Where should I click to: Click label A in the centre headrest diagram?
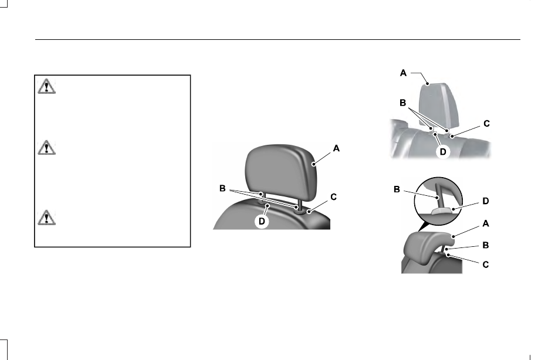pos(336,148)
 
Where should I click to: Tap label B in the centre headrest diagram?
pos(222,188)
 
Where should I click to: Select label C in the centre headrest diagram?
pos(333,197)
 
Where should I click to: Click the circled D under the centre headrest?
pos(262,222)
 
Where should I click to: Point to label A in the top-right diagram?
pos(403,73)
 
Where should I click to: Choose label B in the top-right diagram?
pos(403,103)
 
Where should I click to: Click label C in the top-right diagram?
pos(486,124)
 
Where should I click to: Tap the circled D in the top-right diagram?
pos(443,151)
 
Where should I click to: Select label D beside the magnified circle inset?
pos(486,201)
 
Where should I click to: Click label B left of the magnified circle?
pos(397,189)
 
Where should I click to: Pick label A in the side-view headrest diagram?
pos(486,223)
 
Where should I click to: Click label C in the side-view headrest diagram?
pos(486,264)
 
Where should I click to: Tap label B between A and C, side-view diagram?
pos(486,245)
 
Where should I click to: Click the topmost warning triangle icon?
pos(47,86)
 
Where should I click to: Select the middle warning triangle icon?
pos(47,147)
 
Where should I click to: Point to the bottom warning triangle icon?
pos(47,218)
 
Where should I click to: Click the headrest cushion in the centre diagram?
pos(280,172)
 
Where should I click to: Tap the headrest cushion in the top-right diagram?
pos(439,104)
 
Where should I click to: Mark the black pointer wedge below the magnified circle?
pos(424,226)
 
